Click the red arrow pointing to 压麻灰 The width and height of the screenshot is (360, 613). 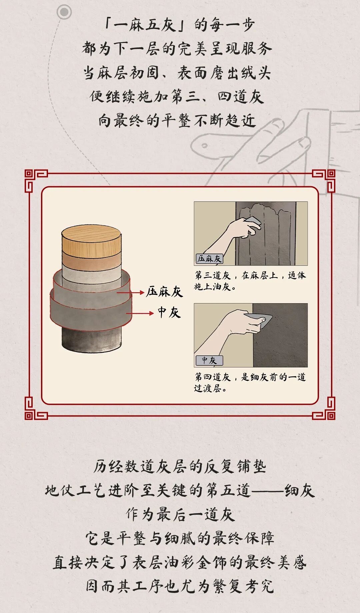pos(130,293)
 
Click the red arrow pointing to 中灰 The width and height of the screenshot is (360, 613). pos(140,313)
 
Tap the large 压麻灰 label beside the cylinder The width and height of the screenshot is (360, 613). pos(165,292)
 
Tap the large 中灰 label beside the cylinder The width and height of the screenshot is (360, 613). pos(169,312)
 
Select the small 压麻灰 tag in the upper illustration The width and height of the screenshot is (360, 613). pos(209,259)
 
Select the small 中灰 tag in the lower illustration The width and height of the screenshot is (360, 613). pos(209,360)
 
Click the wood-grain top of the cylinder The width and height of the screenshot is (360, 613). pos(92,237)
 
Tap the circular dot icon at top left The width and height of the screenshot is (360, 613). pos(64,12)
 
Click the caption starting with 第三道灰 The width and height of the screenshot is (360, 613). pos(250,281)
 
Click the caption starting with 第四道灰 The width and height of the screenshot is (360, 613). pos(250,382)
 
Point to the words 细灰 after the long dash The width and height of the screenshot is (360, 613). pos(300,490)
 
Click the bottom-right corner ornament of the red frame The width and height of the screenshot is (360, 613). pos(324,408)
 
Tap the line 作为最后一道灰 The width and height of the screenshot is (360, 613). pos(180,514)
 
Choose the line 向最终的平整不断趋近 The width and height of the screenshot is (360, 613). pos(177,121)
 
